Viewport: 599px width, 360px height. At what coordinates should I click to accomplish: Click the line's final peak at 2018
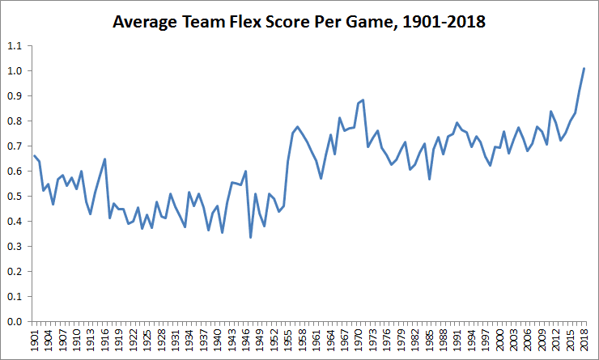coord(584,69)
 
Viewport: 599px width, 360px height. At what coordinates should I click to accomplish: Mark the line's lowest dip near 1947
coord(250,237)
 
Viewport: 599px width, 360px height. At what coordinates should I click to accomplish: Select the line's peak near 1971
coord(363,100)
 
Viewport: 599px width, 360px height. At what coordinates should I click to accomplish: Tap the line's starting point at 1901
coord(35,155)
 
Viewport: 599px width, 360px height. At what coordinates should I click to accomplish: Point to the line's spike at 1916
coord(105,159)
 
